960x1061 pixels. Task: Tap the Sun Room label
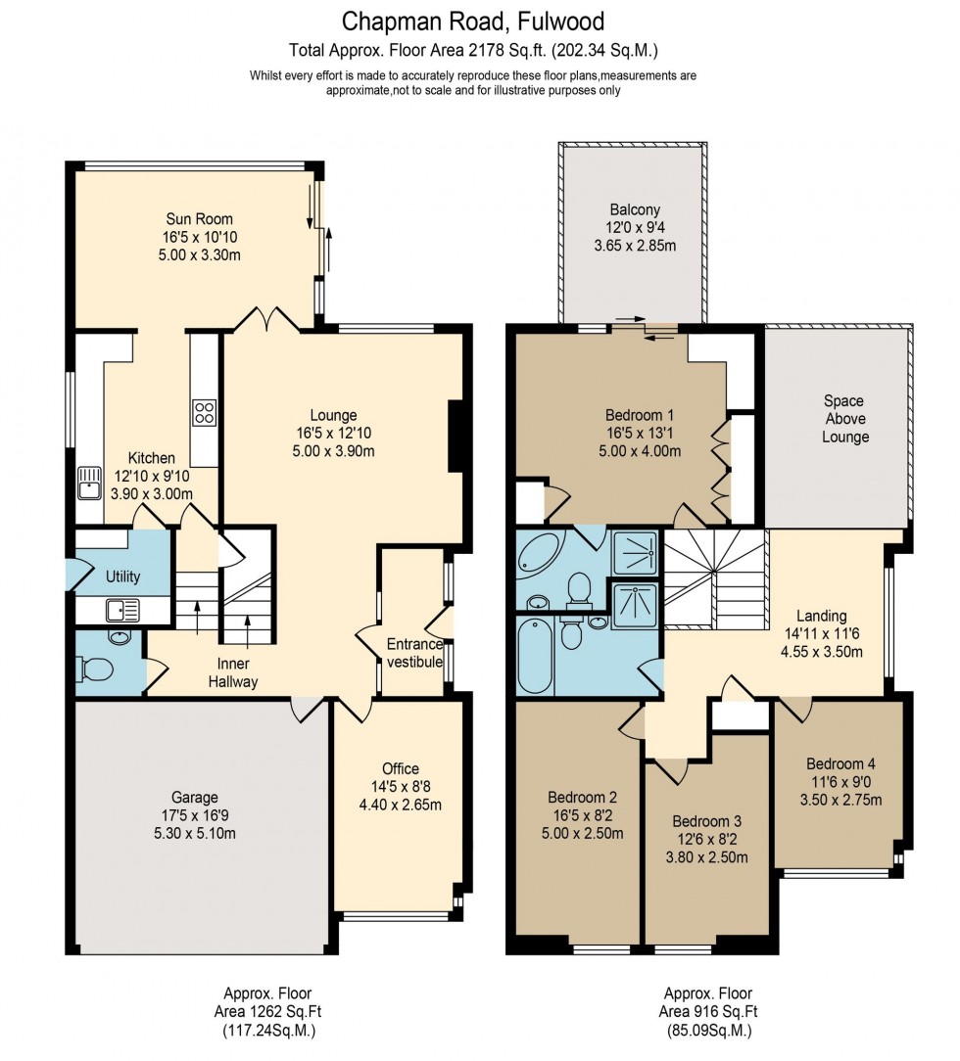(200, 219)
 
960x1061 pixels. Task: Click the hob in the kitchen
(204, 412)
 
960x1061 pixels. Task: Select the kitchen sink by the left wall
(90, 483)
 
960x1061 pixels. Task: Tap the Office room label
(401, 768)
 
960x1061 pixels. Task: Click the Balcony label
(635, 209)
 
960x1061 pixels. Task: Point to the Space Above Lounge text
(845, 419)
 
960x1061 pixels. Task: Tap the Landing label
(820, 616)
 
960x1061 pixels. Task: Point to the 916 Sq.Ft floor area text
(708, 1012)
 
